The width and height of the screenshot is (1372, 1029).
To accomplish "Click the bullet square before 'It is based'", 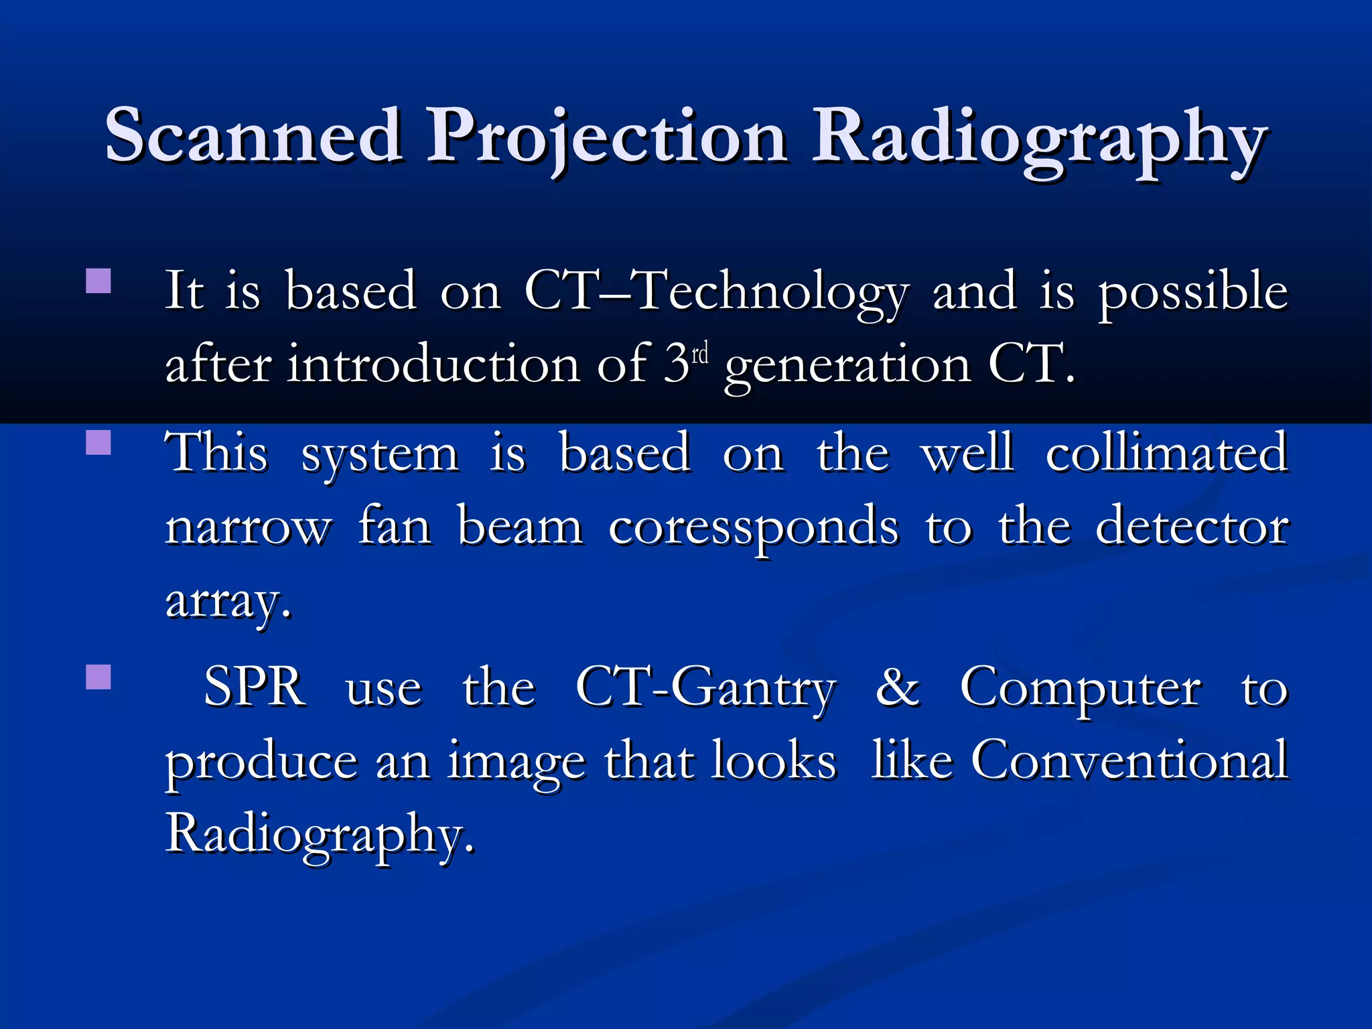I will (98, 281).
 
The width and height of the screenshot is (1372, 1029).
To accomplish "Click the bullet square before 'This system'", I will (98, 443).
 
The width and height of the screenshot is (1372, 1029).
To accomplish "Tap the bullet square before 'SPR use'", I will (98, 677).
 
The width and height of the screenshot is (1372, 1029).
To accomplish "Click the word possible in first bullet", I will (1192, 293).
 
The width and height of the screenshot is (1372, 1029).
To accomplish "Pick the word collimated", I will (1166, 454).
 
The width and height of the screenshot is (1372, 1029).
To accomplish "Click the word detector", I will (1192, 527).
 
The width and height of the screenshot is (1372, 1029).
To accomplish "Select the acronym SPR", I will (255, 687).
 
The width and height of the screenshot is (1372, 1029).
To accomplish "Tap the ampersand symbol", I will (898, 687).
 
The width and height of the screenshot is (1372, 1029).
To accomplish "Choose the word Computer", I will (1081, 690).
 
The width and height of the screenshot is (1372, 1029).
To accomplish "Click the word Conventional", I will (1129, 761).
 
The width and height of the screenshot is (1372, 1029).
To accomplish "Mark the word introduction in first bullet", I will (433, 366).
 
